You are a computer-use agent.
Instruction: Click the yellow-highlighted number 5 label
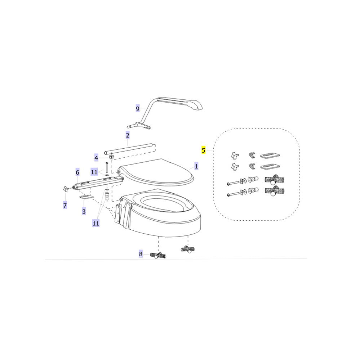click(x=203, y=150)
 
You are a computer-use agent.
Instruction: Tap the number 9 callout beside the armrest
click(x=137, y=108)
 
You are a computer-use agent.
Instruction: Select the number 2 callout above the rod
click(x=128, y=135)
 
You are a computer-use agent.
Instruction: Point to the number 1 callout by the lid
click(x=196, y=166)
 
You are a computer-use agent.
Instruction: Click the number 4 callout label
click(x=96, y=158)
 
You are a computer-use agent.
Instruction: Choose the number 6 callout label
click(x=77, y=172)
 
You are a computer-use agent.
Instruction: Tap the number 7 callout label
click(x=65, y=205)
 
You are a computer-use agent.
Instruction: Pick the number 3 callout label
click(x=84, y=211)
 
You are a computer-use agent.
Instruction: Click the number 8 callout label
click(x=141, y=254)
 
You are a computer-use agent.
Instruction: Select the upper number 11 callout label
click(x=94, y=172)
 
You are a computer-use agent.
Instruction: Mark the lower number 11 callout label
click(x=96, y=223)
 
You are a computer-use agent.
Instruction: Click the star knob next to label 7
click(x=66, y=189)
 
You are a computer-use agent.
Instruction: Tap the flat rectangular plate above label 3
click(x=86, y=197)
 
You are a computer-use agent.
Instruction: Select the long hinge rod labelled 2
click(x=129, y=150)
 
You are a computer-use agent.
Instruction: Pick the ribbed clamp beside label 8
click(x=158, y=255)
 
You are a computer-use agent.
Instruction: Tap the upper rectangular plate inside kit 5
click(x=270, y=156)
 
